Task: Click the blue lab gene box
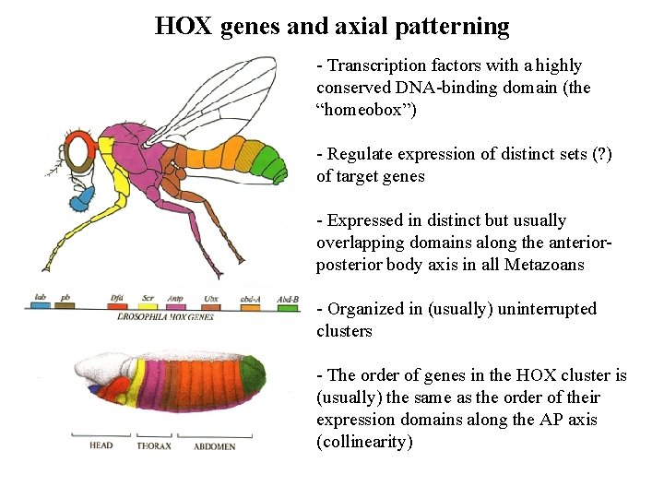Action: tap(41, 305)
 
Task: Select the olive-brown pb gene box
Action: tap(66, 305)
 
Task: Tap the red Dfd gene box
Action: tap(116, 305)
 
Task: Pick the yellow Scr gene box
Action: tap(147, 305)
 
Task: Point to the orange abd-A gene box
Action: tap(248, 305)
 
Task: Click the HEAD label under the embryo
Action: tap(101, 446)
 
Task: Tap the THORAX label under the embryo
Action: tap(154, 446)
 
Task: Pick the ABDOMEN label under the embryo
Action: tap(214, 446)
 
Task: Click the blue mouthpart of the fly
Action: tap(82, 196)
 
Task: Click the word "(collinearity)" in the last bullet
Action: tap(364, 442)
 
